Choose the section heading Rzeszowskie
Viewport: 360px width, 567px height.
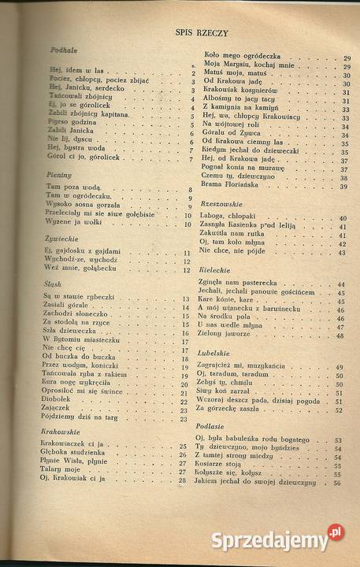[223, 202]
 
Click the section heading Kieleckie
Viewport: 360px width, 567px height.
[217, 270]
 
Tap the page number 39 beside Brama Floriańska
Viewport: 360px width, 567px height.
[345, 187]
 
